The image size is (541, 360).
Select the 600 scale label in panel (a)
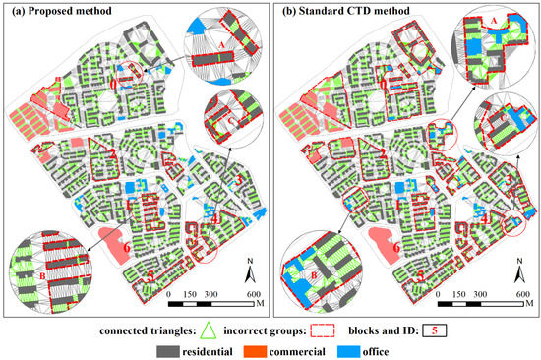pos(253,295)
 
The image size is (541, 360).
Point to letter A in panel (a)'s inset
pos(222,44)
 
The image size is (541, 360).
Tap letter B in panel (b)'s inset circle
pos(313,276)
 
